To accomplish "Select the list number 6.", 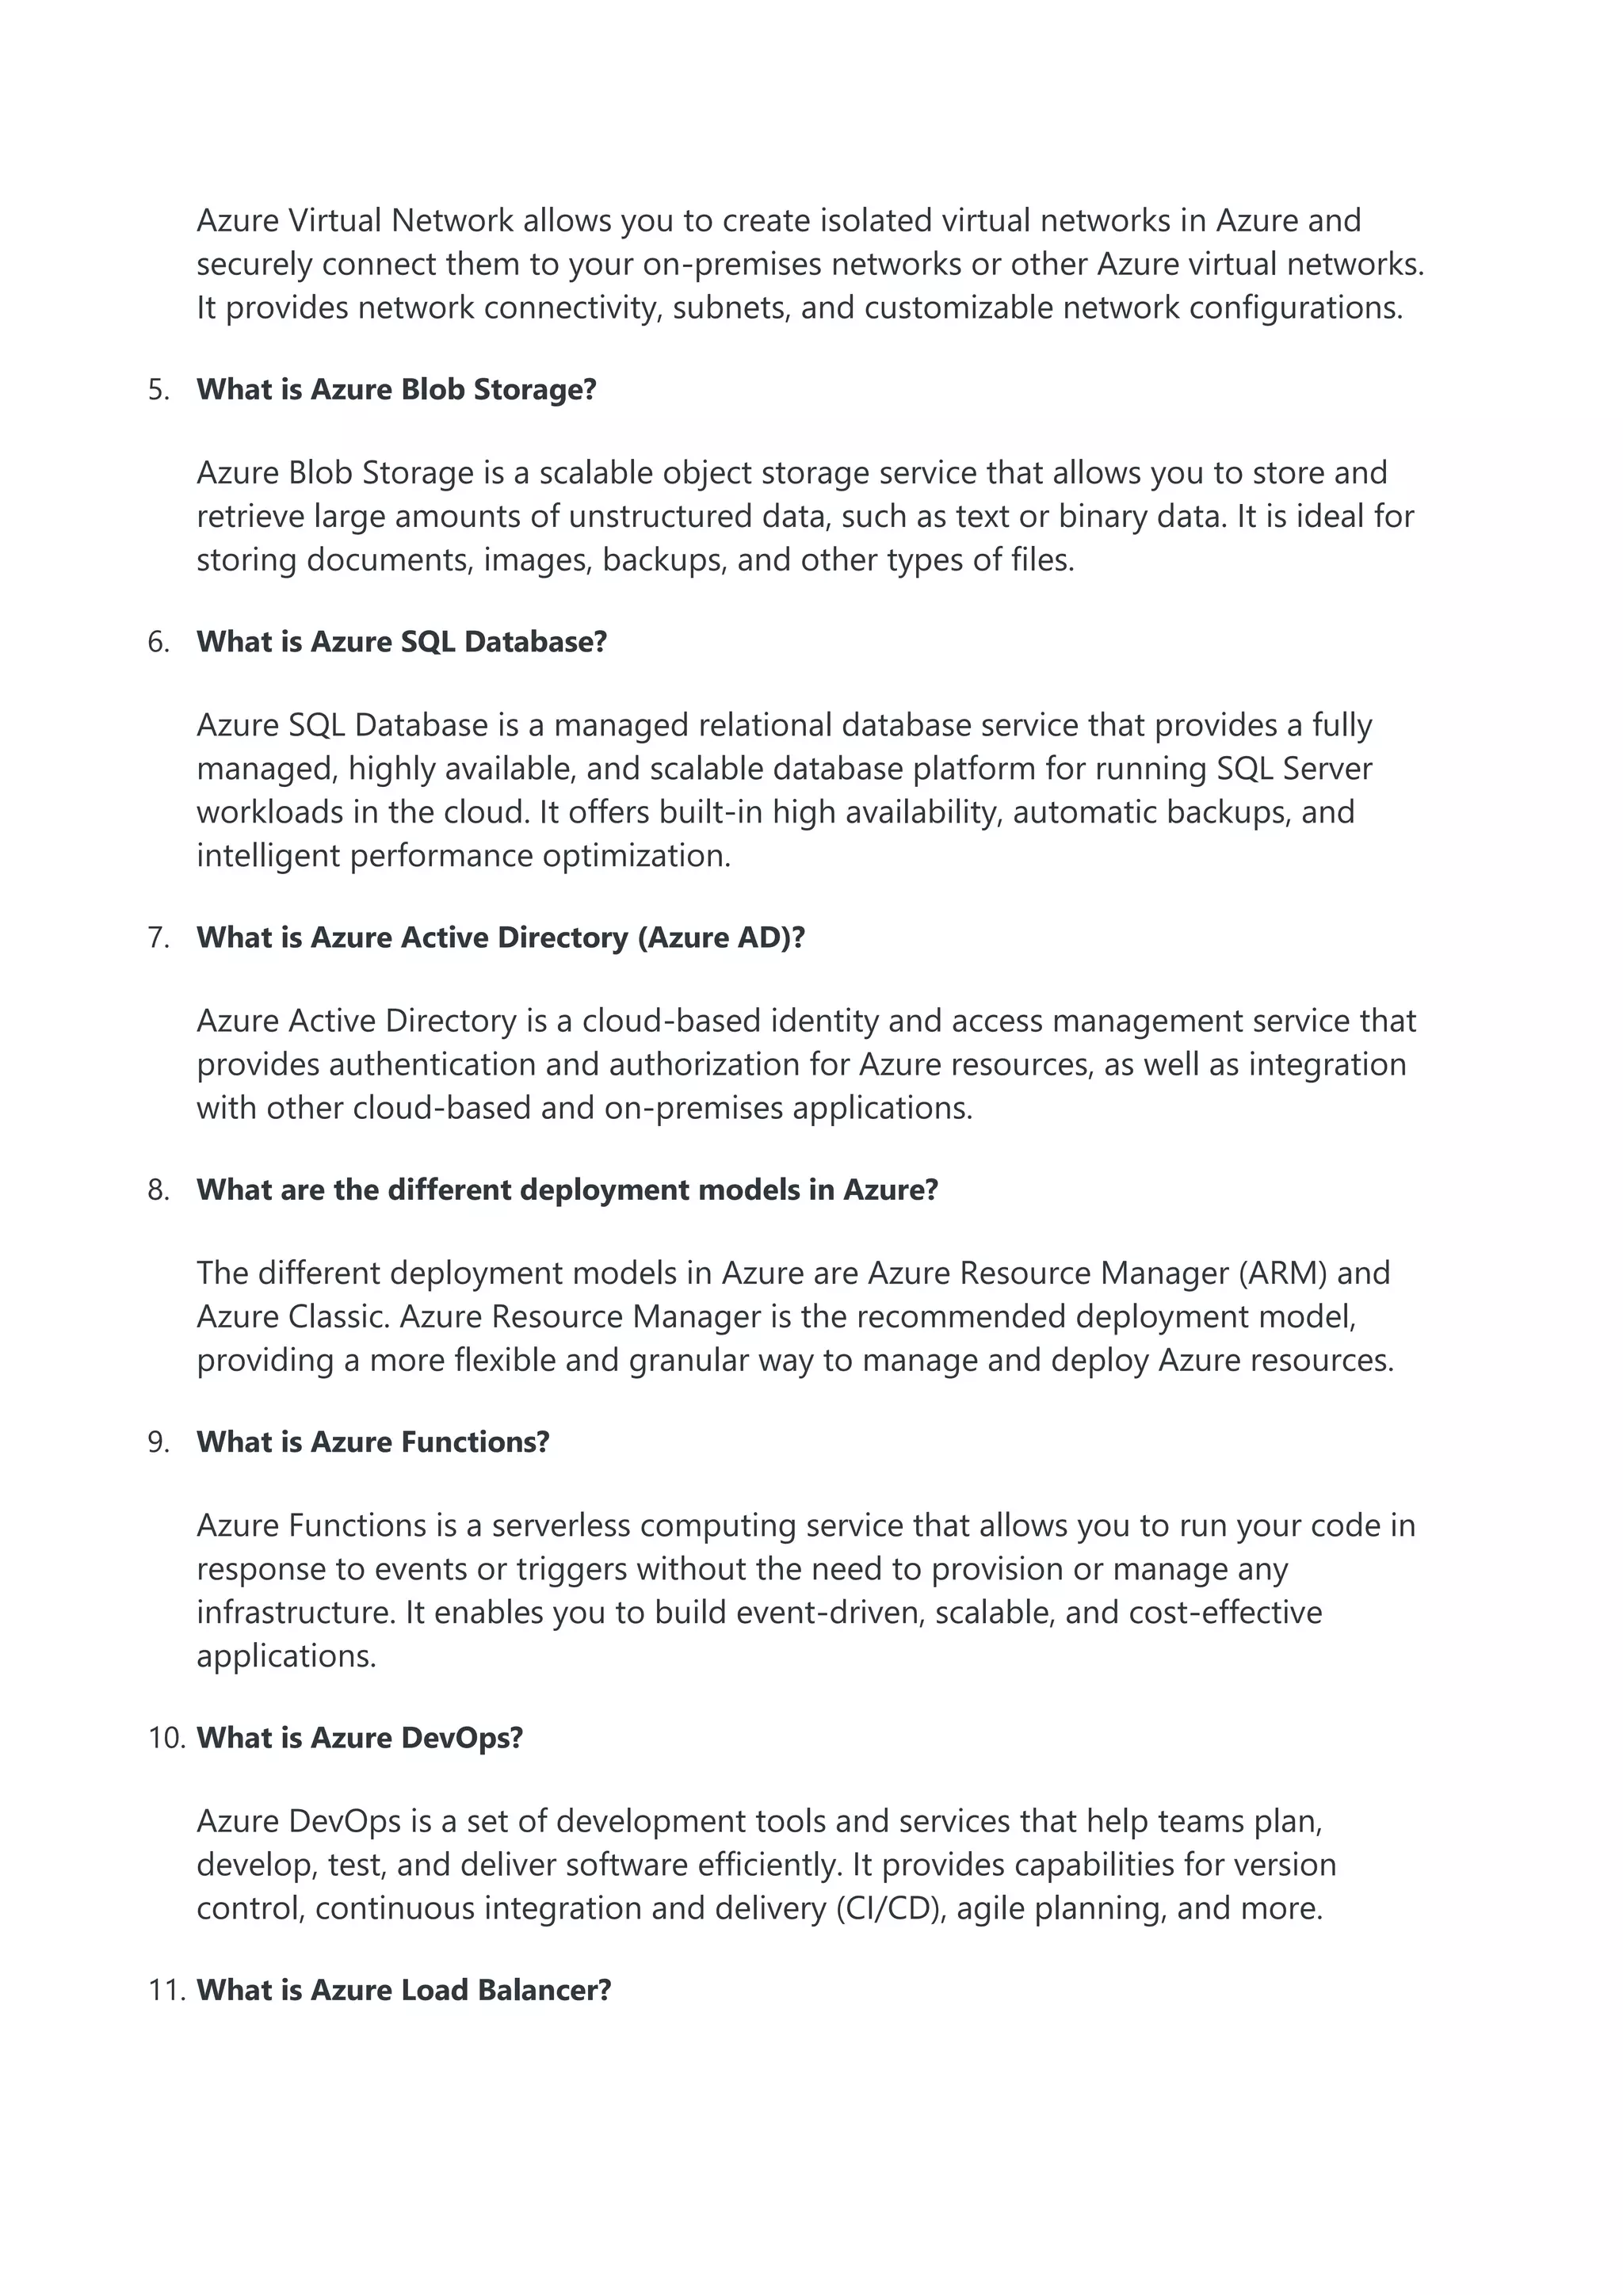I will (158, 642).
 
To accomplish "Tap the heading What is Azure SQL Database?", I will (402, 642).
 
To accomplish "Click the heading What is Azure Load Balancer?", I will (403, 1989).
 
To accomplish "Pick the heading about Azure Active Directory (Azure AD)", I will (501, 937).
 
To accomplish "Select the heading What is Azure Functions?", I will (372, 1442).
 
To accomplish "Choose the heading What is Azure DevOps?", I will (360, 1737).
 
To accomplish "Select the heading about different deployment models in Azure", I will (567, 1190).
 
